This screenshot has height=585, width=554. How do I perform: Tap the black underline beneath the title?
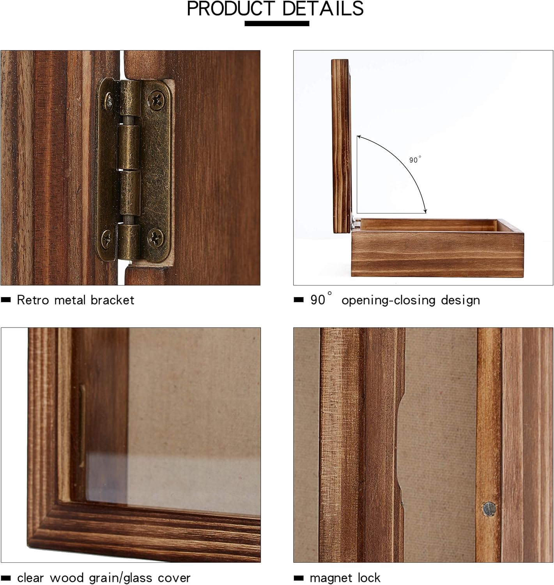coord(277,23)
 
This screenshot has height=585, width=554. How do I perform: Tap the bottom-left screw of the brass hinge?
coord(107,238)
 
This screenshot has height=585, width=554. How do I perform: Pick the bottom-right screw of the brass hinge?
coord(156,238)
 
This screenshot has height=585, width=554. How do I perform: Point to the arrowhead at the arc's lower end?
coord(425,211)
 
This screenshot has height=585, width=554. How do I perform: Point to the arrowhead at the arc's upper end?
coord(359,136)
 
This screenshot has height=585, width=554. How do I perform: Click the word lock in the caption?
coord(369,578)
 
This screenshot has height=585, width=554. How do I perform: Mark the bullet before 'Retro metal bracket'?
coord(5,300)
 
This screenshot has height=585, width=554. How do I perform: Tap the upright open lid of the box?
coord(341,146)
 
